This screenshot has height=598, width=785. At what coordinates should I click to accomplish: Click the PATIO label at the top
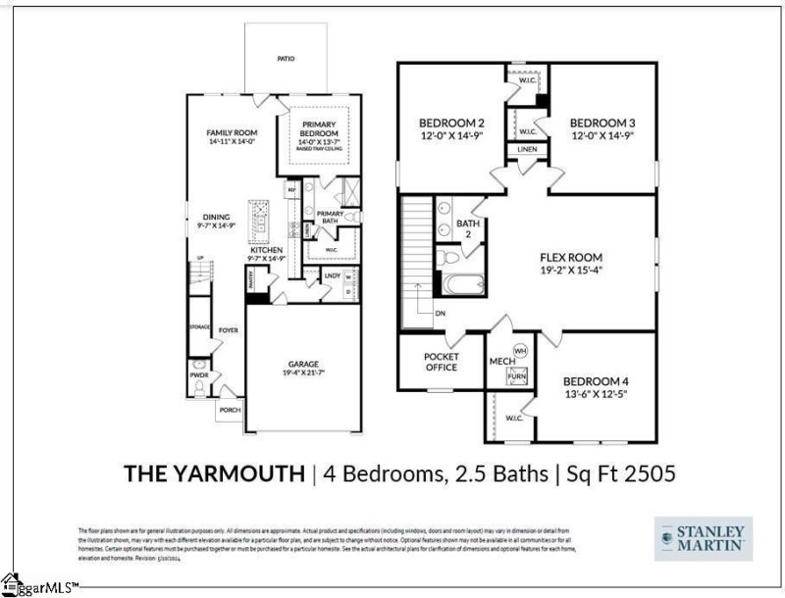pos(286,59)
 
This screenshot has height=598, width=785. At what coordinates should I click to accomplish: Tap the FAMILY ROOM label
pos(231,132)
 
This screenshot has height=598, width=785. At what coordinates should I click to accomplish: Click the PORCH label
pos(230,410)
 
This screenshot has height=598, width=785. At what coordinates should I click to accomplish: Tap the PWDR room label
pos(199,374)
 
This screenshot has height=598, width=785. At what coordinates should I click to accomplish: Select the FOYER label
pos(229,330)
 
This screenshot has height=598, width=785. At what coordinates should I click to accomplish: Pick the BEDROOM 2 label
pos(447,123)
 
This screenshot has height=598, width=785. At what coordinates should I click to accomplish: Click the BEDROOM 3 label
pos(604,123)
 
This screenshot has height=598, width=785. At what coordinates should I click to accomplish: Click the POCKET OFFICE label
pos(441,362)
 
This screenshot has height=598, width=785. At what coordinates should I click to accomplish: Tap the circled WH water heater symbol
pos(520,349)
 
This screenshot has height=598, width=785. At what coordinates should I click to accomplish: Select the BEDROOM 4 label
pos(596,380)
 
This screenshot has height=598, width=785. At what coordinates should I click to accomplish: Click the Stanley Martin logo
pos(704,538)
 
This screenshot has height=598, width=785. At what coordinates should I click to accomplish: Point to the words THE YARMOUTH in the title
pos(213,473)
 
